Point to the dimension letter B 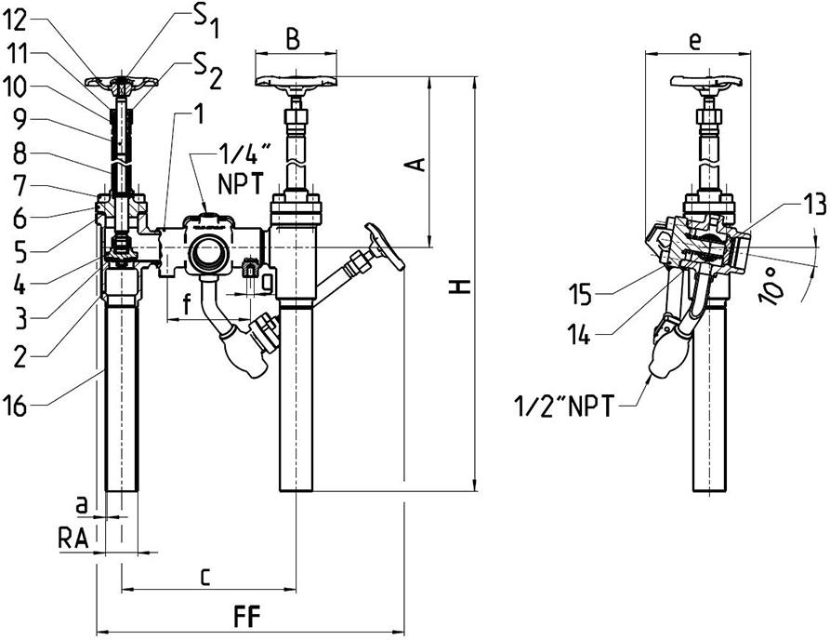292,40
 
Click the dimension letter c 204,576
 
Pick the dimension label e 693,40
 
